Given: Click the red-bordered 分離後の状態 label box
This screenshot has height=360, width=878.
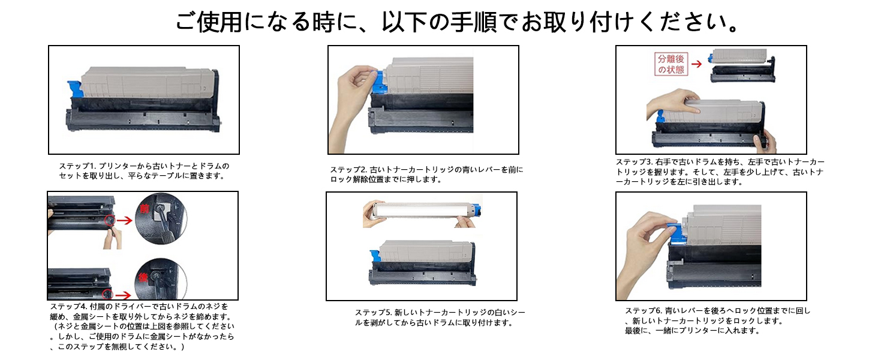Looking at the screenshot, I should tap(670, 64).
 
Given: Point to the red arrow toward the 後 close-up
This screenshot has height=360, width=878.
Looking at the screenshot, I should tap(124, 295).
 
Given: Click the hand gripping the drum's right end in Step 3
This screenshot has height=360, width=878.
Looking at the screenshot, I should tap(766, 142).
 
